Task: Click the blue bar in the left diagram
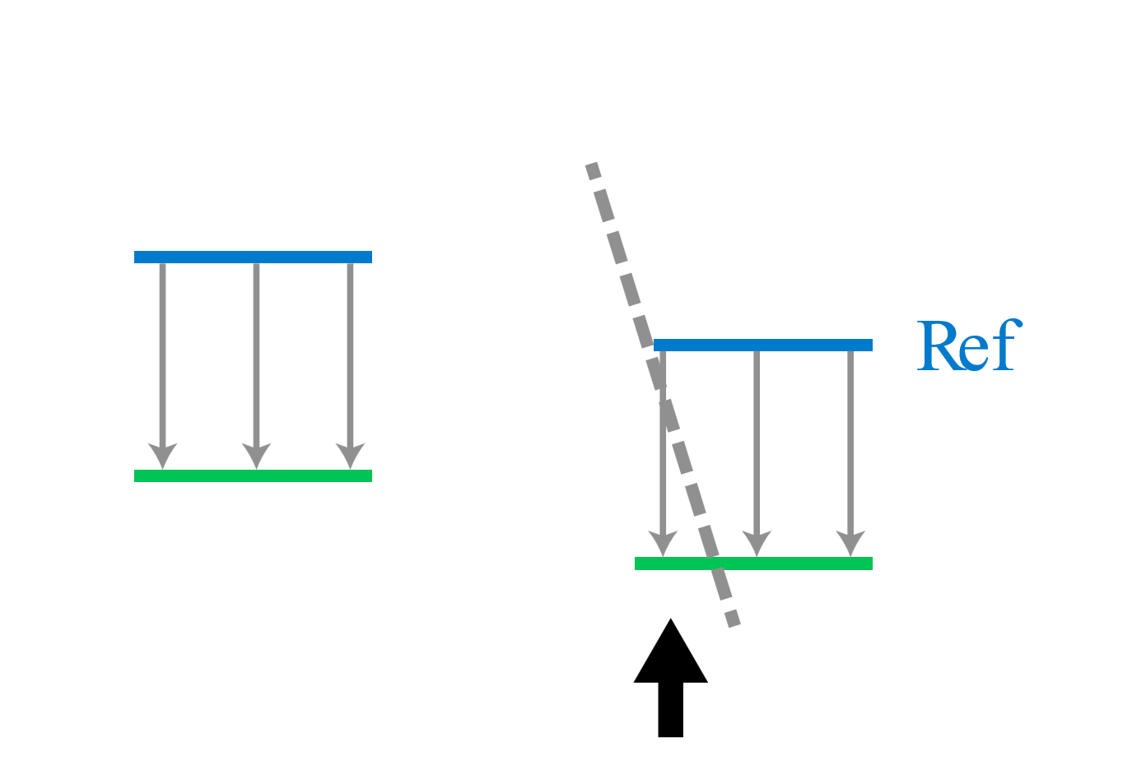tap(253, 257)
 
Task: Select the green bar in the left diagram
tap(253, 475)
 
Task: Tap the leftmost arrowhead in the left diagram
tap(162, 455)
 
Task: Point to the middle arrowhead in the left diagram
tap(256, 455)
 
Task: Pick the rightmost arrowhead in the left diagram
tap(350, 455)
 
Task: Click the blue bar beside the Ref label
tap(762, 345)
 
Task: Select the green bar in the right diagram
tap(790, 563)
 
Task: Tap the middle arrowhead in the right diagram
tap(757, 543)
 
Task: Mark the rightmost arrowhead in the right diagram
tap(850, 543)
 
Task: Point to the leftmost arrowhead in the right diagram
tap(663, 543)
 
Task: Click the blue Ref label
tap(969, 345)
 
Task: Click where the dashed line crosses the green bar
tap(715, 563)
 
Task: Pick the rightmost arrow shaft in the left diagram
tap(350, 354)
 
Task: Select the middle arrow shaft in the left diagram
tap(256, 354)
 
